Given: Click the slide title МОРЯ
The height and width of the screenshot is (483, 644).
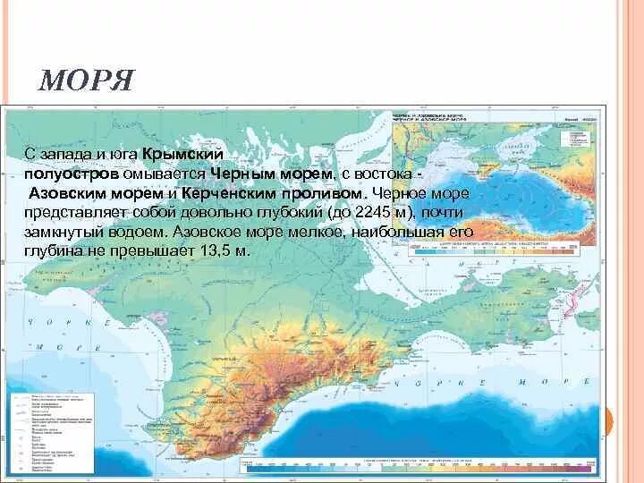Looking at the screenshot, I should click(86, 82).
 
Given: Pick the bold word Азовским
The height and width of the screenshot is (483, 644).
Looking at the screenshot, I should click(68, 192).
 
